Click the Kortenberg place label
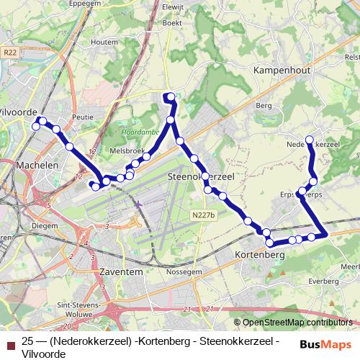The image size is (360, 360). [x=260, y=255]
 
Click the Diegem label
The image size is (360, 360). [x=45, y=225]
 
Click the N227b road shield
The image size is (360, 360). [x=204, y=214]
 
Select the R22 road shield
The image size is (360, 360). [x=9, y=52]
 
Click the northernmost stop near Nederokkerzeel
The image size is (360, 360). [x=310, y=140]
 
